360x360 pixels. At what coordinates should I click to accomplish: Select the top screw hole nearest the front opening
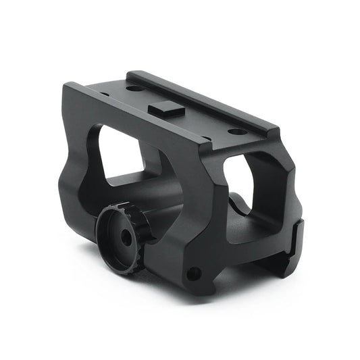pos(234,130)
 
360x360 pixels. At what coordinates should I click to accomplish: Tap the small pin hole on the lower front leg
pos(194,273)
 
